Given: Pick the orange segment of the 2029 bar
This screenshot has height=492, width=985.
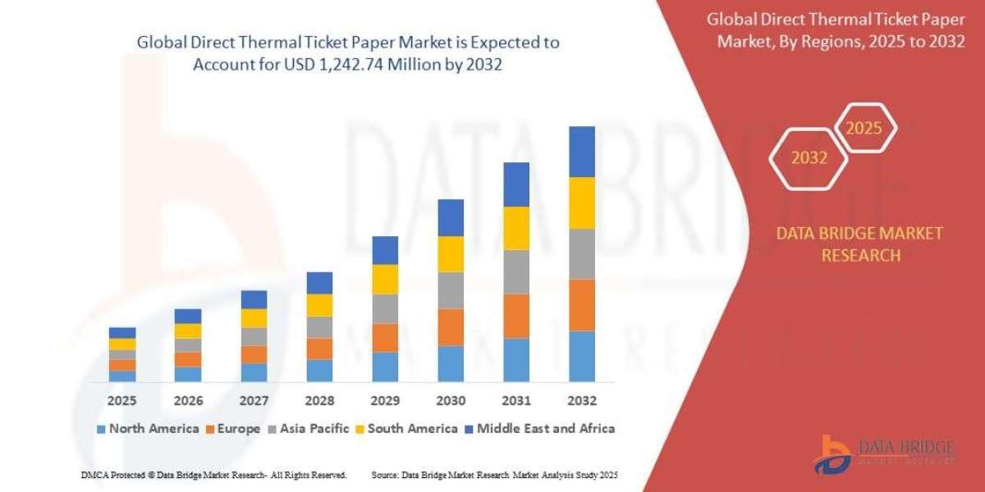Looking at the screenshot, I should pos(385,338).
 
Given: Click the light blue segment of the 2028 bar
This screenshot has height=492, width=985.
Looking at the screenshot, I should pos(319,371).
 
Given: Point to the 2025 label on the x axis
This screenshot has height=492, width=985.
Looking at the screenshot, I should pos(122,401).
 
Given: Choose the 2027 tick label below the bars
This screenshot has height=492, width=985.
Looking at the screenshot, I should pos(254,401).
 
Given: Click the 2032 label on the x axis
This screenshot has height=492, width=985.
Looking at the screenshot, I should pos(581,401).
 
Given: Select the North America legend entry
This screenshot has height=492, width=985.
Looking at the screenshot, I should pos(148,428).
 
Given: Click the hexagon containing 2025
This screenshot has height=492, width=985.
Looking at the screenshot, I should pos(864,129).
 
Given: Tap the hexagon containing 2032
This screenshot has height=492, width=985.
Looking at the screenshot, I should pos(809,158).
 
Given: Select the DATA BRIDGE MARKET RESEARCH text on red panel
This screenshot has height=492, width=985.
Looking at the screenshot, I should pos(859,244).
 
